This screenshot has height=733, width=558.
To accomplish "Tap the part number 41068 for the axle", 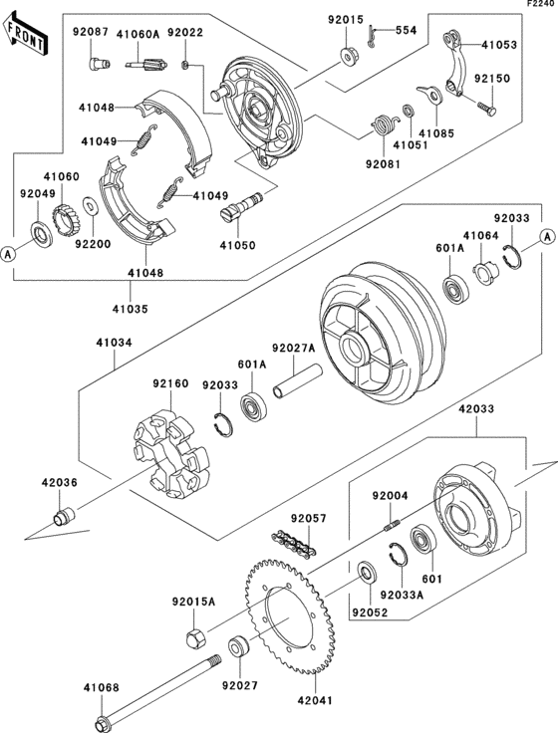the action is click(102, 687).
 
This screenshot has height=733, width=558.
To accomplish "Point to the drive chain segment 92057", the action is click(294, 542).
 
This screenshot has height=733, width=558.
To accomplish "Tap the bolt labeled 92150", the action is click(487, 108).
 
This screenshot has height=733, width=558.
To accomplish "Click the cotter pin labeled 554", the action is click(373, 36).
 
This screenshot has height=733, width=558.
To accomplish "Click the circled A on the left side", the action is click(8, 254).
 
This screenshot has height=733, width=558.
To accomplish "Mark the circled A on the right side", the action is click(546, 237).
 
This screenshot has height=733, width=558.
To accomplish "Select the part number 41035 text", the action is click(130, 309).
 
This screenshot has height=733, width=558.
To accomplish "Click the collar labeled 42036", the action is click(63, 517).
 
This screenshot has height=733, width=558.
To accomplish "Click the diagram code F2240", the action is click(542, 4).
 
